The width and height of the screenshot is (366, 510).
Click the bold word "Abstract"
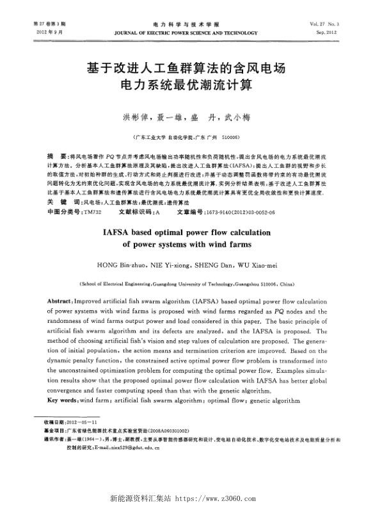pos(61,300)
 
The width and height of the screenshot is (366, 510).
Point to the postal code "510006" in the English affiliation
pos(262,283)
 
